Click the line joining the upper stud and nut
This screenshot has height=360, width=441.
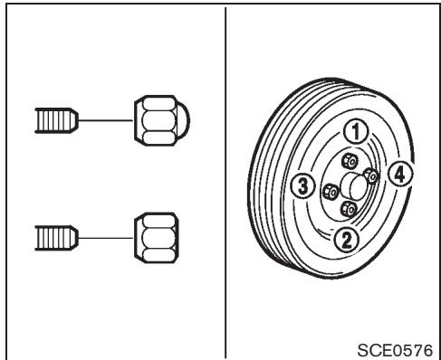click(107, 117)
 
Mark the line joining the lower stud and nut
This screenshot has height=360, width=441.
click(107, 237)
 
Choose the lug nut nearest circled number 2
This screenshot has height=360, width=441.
click(346, 208)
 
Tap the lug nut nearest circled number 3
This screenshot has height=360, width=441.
click(331, 191)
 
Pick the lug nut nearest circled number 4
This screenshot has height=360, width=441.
click(369, 175)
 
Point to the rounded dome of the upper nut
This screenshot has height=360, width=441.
click(168, 117)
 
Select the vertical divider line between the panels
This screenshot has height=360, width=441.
click(224, 181)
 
